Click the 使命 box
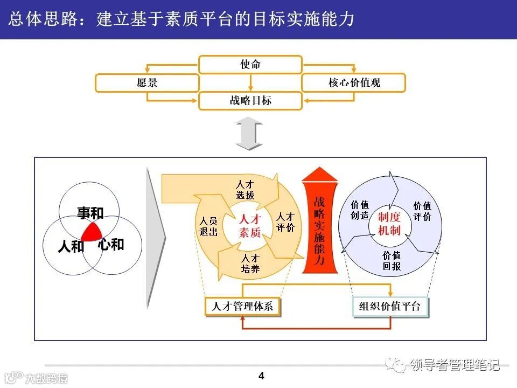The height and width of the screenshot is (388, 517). click(x=250, y=65)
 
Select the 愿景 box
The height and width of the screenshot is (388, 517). click(x=147, y=83)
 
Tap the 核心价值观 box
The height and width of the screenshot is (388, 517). click(x=354, y=83)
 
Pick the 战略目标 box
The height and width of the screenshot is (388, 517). click(x=250, y=101)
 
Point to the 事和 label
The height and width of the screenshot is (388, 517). click(x=90, y=213)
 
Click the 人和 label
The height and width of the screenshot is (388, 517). click(x=71, y=247)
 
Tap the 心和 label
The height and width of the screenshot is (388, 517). click(x=111, y=245)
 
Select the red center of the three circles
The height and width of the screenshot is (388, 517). click(x=92, y=232)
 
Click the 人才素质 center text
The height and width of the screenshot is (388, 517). click(x=249, y=226)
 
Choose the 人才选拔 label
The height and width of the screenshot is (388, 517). click(x=245, y=190)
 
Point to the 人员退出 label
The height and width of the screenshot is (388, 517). click(x=208, y=226)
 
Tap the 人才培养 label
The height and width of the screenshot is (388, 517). click(x=250, y=264)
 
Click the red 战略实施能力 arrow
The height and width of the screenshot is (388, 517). click(x=319, y=226)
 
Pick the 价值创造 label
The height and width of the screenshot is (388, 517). click(x=360, y=210)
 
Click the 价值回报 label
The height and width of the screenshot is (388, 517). click(x=392, y=261)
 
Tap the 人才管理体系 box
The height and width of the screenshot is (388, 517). click(x=243, y=307)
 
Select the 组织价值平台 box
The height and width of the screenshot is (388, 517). click(x=390, y=307)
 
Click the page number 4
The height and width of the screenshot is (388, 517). click(x=262, y=376)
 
